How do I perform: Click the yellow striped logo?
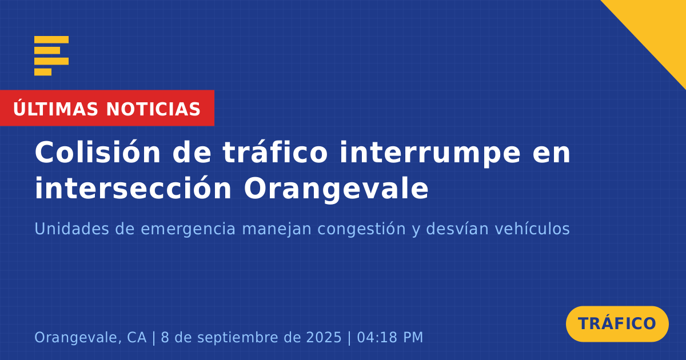(51, 56)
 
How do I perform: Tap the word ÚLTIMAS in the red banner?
(55, 109)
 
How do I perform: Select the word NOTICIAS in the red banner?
(153, 109)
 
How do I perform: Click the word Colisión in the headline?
(97, 152)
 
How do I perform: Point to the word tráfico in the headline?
(275, 152)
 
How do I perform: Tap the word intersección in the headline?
(133, 187)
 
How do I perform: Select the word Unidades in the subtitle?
(71, 229)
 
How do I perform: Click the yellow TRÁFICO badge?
(617, 324)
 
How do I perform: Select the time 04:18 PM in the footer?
(390, 337)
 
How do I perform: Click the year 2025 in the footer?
(324, 337)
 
